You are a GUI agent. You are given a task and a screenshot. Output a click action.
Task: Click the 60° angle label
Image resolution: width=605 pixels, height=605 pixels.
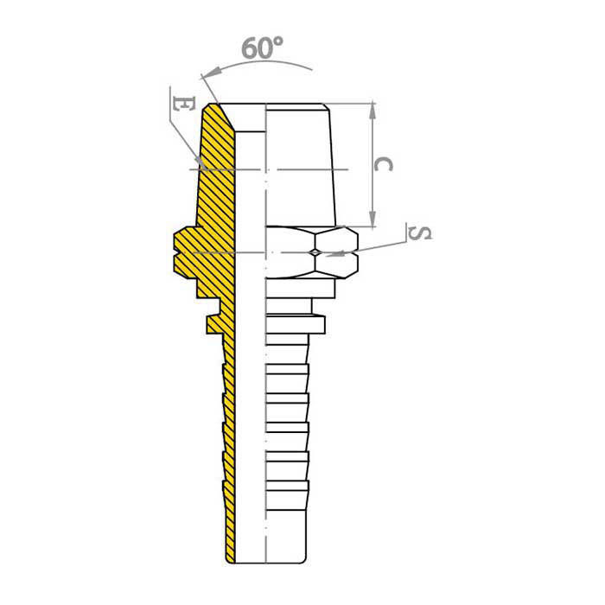(263, 48)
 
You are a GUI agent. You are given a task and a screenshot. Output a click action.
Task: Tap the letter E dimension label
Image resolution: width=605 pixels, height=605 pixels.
(183, 104)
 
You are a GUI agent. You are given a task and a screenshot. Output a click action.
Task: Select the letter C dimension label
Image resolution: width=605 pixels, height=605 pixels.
(384, 164)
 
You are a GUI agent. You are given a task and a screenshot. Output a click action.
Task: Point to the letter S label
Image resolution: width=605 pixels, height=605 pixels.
(420, 233)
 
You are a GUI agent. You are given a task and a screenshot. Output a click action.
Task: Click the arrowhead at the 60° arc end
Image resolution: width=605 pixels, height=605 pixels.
(212, 72)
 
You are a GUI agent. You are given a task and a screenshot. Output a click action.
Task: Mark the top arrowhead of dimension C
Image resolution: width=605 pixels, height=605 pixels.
(373, 111)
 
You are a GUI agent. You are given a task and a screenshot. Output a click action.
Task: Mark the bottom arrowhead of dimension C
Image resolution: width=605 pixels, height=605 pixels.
(373, 219)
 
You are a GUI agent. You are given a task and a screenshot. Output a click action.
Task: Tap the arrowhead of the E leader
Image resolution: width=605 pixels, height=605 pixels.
(199, 162)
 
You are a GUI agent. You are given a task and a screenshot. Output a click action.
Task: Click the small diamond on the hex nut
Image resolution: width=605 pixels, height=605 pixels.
(315, 252)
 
